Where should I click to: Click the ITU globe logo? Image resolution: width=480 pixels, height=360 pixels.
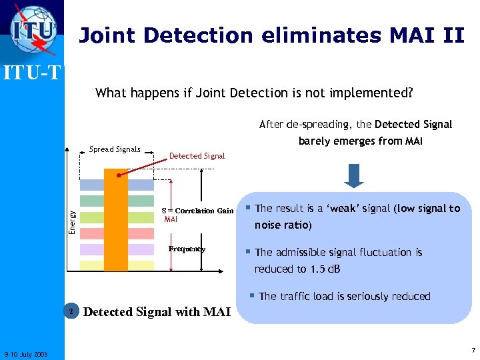coord(33,31)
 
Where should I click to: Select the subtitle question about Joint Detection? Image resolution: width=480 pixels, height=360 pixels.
coord(254,93)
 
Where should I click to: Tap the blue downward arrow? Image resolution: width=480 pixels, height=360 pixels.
coord(354,175)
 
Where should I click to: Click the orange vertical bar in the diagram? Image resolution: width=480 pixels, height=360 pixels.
coord(116,219)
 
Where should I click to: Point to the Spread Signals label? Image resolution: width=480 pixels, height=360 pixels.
coord(115,149)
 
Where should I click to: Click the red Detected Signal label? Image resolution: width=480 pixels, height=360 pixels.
coord(197,155)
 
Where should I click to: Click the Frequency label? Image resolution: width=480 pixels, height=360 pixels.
coord(187,249)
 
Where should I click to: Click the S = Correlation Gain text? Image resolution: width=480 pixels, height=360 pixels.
coord(198,211)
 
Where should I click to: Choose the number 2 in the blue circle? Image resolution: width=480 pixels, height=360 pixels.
coord(71,311)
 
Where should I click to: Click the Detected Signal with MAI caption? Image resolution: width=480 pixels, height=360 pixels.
coord(157,311)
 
